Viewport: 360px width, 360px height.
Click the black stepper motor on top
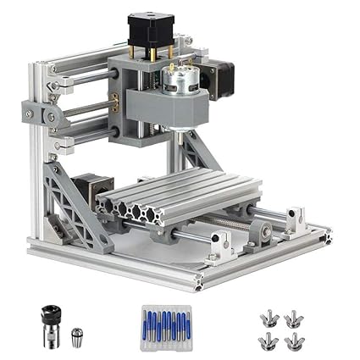pos(146,32)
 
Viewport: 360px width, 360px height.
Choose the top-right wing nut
pos(293,318)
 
